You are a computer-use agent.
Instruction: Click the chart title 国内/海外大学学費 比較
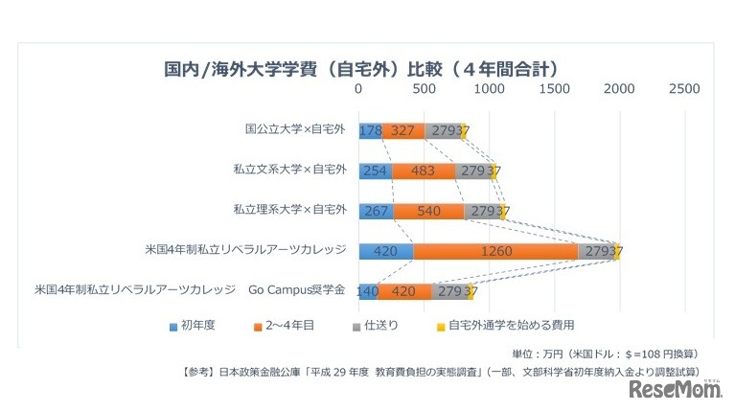[361, 69]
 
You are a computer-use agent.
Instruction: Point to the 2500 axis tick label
[684, 89]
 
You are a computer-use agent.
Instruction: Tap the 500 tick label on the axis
[424, 89]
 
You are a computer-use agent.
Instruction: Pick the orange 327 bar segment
[403, 131]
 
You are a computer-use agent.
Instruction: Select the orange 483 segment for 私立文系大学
[424, 171]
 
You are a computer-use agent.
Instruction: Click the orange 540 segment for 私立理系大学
[428, 211]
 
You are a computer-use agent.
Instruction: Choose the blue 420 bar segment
[385, 252]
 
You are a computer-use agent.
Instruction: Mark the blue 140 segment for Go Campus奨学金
[368, 291]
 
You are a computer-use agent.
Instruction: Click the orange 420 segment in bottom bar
[404, 291]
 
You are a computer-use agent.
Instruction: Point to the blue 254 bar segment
[375, 171]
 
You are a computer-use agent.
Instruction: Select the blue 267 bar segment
[376, 211]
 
